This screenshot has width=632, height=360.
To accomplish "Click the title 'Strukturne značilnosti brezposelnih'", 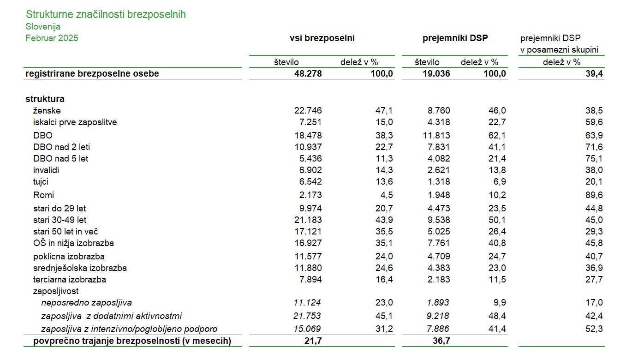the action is (x=106, y=15).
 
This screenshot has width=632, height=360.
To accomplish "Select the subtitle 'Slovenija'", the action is (x=43, y=27).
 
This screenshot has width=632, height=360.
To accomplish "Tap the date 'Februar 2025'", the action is (x=52, y=38).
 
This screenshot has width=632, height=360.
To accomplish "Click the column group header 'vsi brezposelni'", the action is (x=322, y=38).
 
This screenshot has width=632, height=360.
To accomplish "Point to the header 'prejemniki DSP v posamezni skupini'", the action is (x=559, y=44).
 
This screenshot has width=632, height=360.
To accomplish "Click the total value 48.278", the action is (x=308, y=74).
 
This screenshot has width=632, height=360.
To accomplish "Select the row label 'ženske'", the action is (x=47, y=110).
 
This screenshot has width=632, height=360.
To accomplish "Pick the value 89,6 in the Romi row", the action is (x=594, y=195).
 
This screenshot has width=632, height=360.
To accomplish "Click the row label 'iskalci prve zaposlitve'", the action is (x=75, y=122).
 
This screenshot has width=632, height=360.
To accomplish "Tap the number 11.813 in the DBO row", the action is (x=436, y=136).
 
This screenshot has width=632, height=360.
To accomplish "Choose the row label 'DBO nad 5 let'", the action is (x=60, y=159).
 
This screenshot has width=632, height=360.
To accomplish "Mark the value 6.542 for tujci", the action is (x=310, y=181).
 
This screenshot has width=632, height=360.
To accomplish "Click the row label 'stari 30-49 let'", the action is (x=60, y=220).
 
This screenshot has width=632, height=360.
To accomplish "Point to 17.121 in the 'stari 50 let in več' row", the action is (x=308, y=232).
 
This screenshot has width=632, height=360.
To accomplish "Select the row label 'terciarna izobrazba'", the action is (x=70, y=280).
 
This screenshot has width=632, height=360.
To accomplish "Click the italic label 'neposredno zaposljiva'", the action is (x=87, y=303).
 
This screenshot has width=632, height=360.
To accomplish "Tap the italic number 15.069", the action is (x=307, y=329).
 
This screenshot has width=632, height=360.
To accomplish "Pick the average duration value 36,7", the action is (x=441, y=341).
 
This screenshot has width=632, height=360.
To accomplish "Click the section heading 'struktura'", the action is (x=45, y=99).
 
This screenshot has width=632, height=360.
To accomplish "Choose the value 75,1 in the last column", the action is (x=594, y=159).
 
